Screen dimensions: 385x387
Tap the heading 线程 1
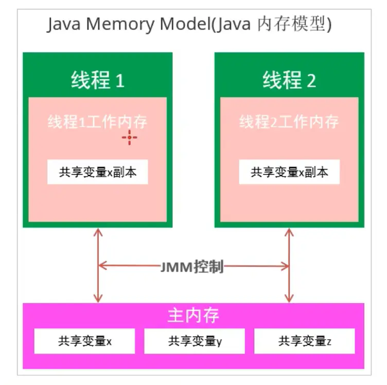tap(97, 80)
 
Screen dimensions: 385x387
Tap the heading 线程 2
tap(289, 80)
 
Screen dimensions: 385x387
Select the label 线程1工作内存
tap(97, 122)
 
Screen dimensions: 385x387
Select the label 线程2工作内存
tap(289, 122)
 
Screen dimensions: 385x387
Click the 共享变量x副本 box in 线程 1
tap(97, 172)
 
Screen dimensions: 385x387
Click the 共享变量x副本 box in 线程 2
tap(289, 172)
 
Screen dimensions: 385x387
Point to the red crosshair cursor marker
tap(129, 138)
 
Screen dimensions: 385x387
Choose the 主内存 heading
tap(193, 315)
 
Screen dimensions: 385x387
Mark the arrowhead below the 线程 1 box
tap(97, 232)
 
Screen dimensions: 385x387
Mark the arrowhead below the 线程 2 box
tap(289, 232)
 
